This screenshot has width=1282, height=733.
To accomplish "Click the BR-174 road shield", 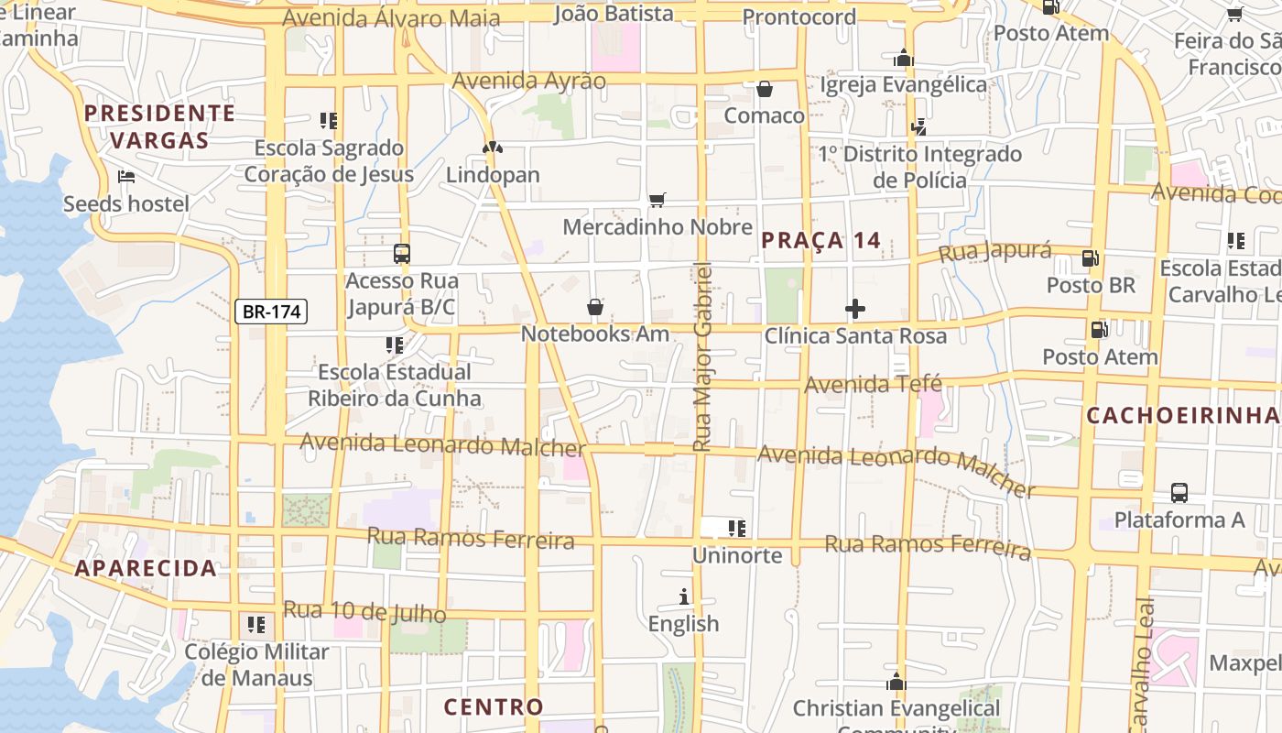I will [272, 312].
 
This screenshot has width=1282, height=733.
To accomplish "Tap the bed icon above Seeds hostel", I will [126, 176].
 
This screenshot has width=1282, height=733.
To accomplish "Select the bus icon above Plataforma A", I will [1179, 492].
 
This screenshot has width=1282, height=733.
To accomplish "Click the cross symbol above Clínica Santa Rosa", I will [855, 309].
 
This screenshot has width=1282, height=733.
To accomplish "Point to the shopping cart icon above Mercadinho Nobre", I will [657, 200].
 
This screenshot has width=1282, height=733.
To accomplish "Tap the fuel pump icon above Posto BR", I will [1090, 258].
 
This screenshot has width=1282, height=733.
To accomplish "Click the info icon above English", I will [684, 596].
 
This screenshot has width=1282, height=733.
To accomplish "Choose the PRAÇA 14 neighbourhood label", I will [820, 241].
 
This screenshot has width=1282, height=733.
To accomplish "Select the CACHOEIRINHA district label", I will [1181, 415].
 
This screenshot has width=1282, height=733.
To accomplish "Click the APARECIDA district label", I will [146, 568].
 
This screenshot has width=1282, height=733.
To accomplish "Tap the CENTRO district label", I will [494, 707].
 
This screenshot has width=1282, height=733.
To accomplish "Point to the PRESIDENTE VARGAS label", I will [159, 126].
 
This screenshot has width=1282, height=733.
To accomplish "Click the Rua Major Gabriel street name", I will [702, 357].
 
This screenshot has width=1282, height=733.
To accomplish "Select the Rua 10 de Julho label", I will [364, 611].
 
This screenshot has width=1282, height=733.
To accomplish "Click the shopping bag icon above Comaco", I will [765, 89].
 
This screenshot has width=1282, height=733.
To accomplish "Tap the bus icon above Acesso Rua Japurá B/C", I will [401, 254].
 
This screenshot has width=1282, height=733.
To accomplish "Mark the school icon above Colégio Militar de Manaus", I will [256, 625].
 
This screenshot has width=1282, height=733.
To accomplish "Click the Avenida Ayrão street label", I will [529, 81].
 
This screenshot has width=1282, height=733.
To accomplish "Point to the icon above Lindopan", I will [493, 148].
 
